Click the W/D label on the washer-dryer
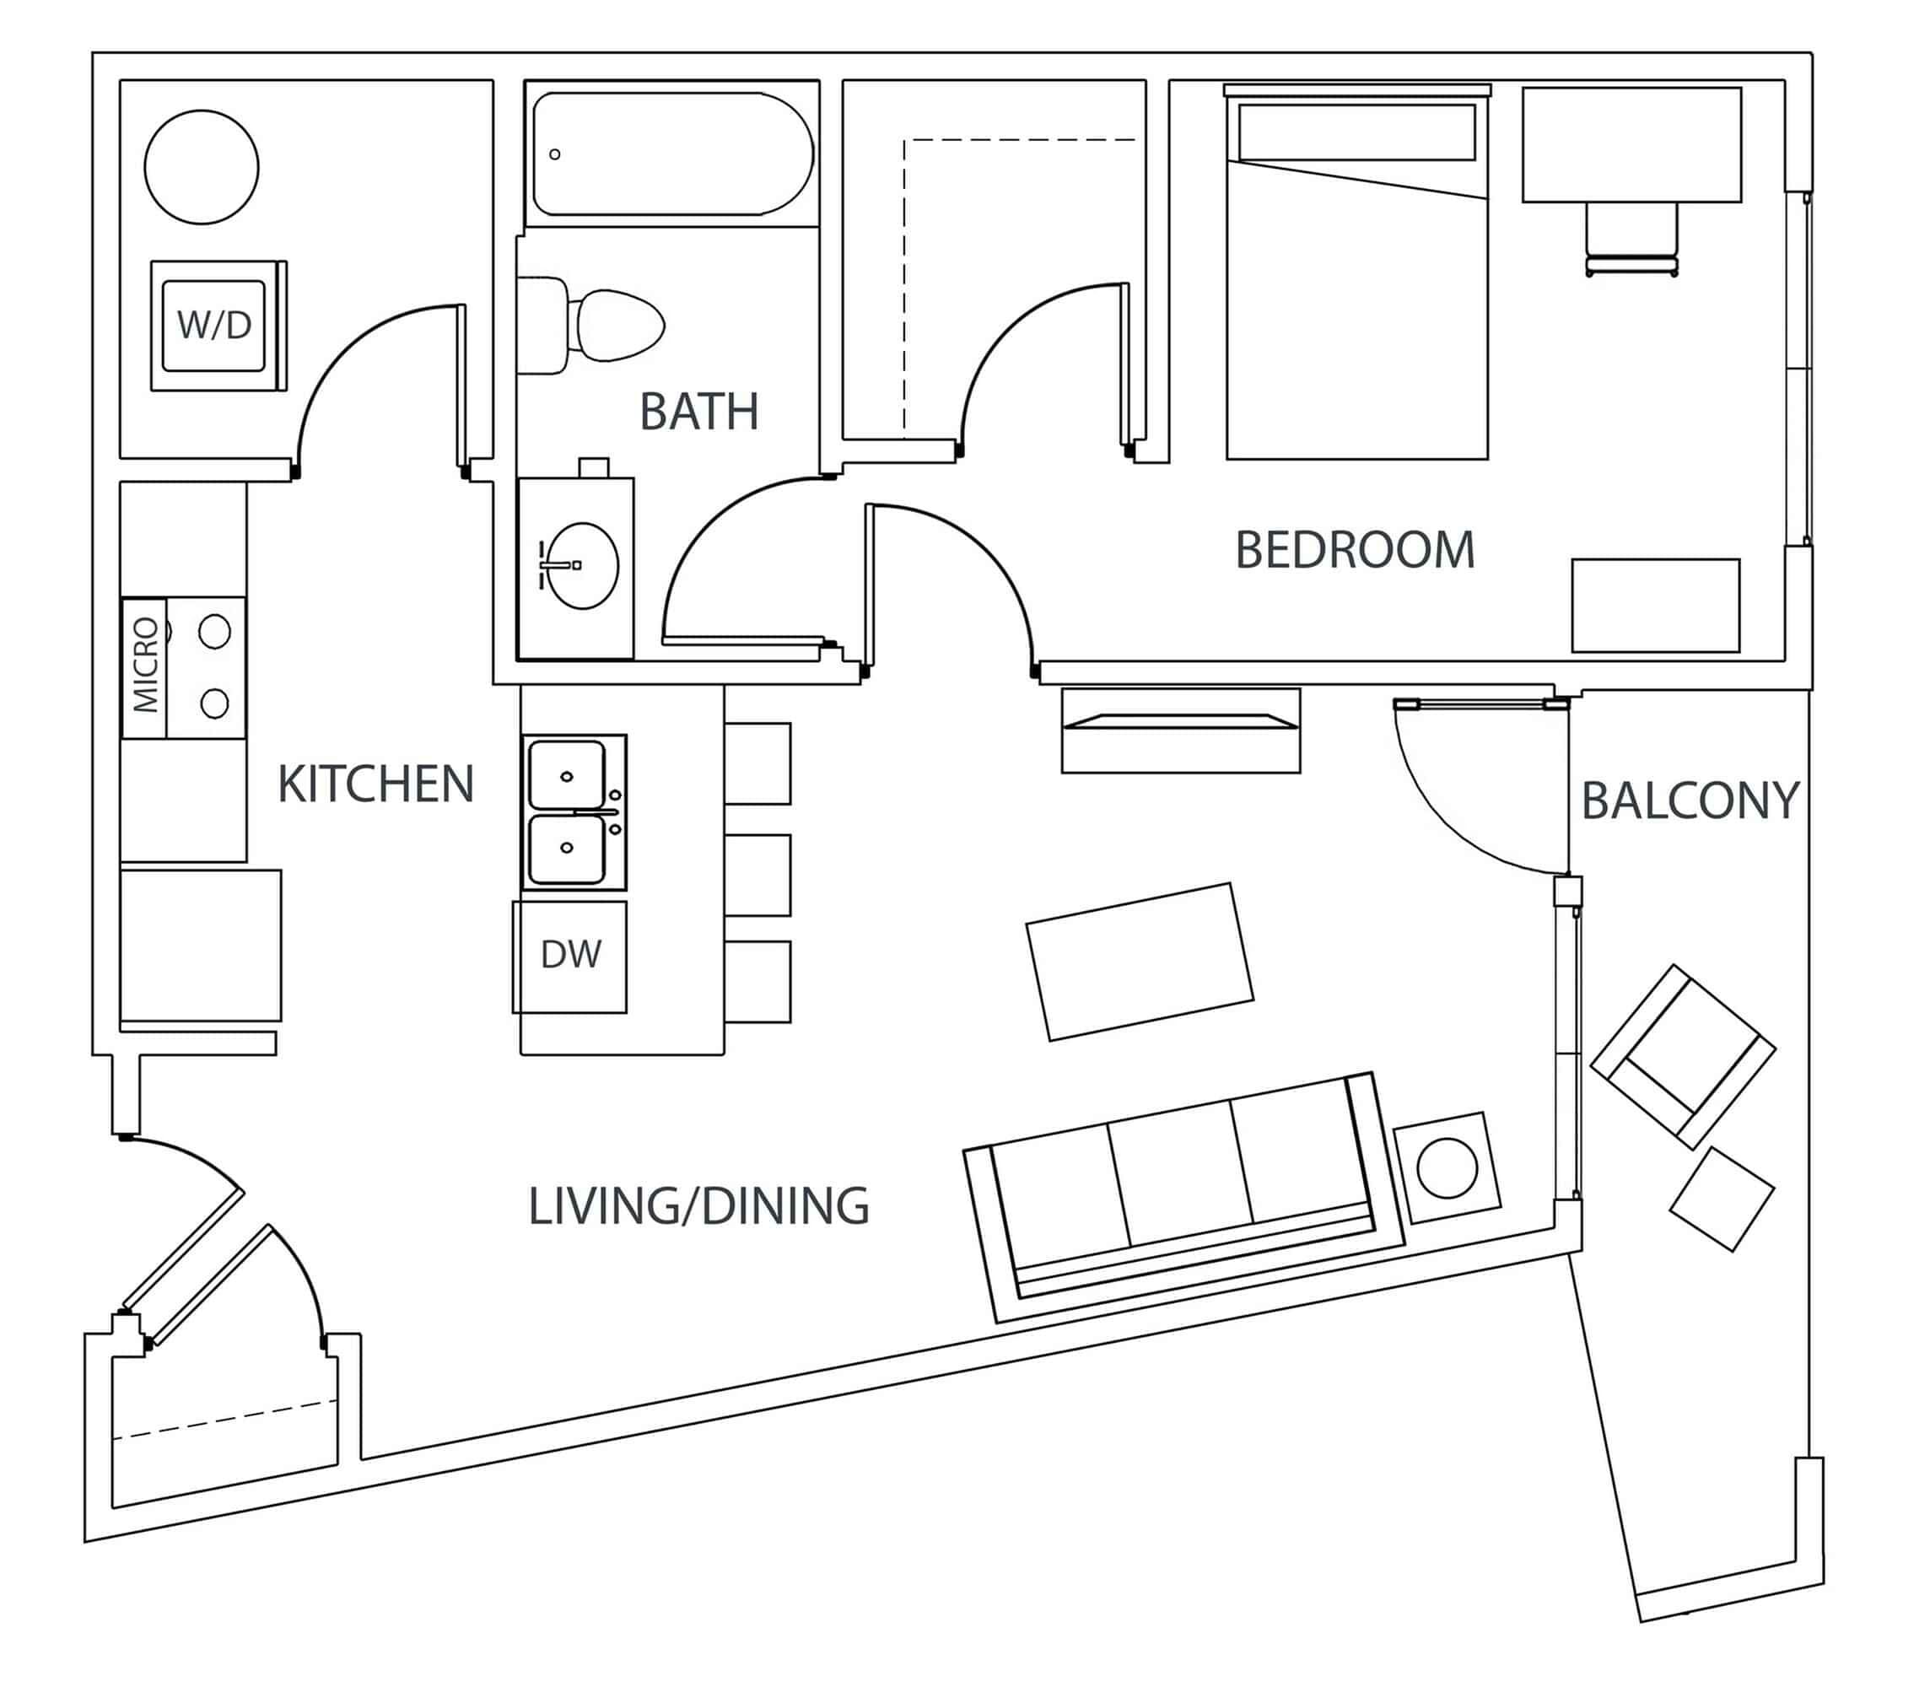tap(213, 326)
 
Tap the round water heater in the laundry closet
tap(202, 167)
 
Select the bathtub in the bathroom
tap(671, 154)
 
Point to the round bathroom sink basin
tap(583, 566)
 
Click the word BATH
tap(698, 412)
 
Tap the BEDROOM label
tap(1354, 550)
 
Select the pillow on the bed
tap(1356, 132)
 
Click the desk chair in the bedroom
tap(1631, 240)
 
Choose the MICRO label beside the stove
tap(145, 665)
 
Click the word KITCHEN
tap(375, 784)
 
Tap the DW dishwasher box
tap(570, 955)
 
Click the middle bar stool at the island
tap(757, 875)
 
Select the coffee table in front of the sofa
tap(1139, 962)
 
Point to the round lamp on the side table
tap(1446, 1168)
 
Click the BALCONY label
tap(1689, 801)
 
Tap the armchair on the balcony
tap(1681, 1056)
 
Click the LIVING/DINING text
tap(698, 1207)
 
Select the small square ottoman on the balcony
tap(1721, 1199)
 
